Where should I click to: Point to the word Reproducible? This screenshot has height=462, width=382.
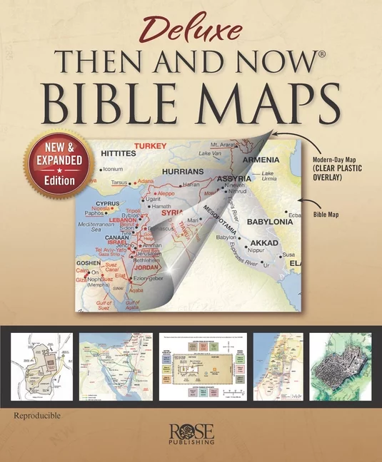pos(36,414)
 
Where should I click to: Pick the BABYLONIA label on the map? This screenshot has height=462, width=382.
pos(271,222)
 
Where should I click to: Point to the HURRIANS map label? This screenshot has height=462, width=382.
pos(183,172)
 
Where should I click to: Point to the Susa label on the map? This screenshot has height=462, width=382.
pos(288,255)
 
